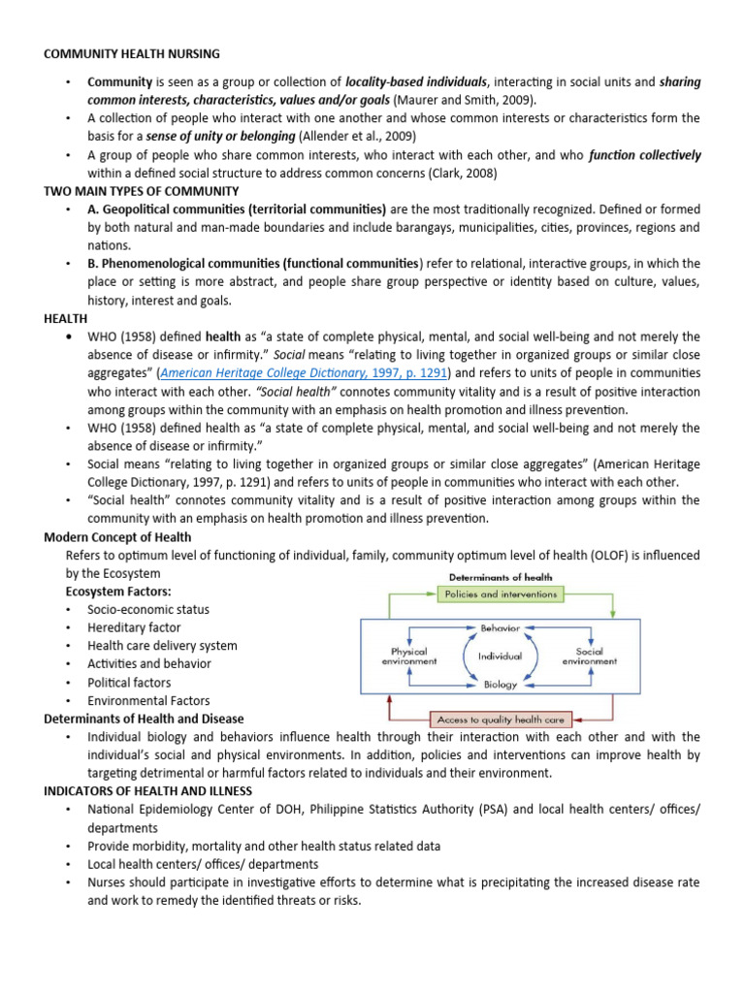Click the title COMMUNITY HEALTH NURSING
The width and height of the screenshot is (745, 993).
coord(132,53)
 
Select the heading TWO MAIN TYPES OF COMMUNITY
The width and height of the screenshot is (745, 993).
coord(142,191)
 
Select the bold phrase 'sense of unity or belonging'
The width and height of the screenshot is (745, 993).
coord(220,137)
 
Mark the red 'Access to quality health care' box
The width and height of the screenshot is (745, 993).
coord(501,719)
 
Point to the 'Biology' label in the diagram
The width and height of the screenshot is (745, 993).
coord(501,685)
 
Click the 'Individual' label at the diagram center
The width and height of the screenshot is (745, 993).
coord(501,657)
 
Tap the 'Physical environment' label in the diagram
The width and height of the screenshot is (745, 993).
coord(407,657)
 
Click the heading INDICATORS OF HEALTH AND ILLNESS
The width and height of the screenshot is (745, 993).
coord(147,791)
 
